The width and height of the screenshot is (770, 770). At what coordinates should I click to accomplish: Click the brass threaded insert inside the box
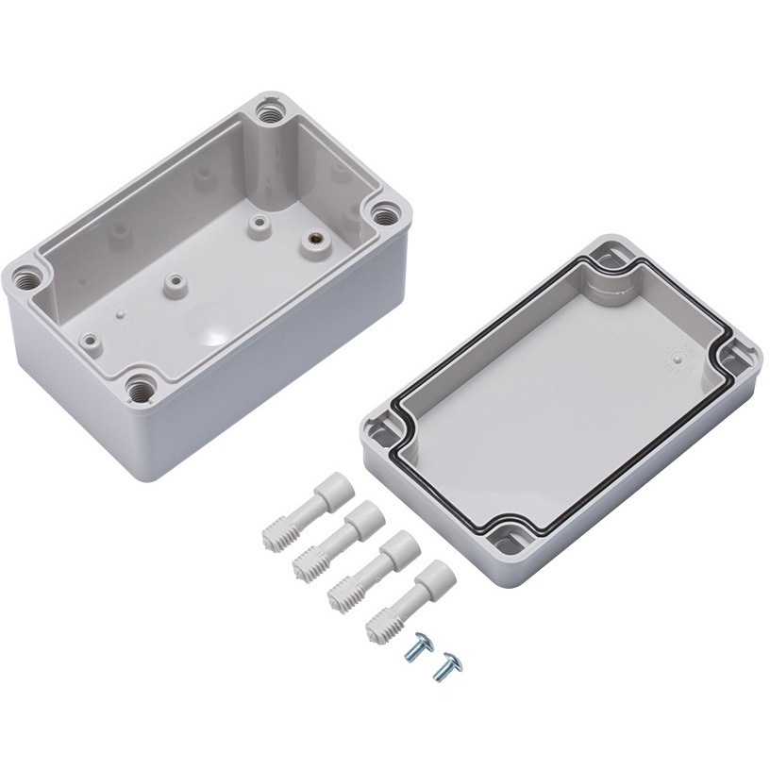coord(310,241)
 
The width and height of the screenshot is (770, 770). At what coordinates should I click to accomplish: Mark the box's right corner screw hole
coord(384,213)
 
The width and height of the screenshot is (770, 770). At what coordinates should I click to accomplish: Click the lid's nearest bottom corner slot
coord(502,539)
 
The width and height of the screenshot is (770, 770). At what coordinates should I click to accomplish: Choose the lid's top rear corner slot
coord(607,257)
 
